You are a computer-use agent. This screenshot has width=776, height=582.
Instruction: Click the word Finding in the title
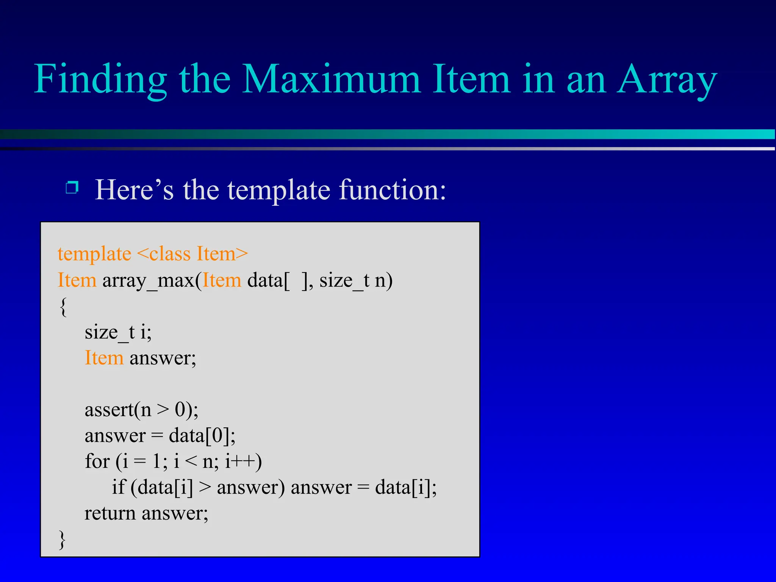[100, 80]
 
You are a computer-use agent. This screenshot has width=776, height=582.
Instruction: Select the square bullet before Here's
[72, 187]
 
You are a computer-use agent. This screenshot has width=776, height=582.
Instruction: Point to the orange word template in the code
[94, 254]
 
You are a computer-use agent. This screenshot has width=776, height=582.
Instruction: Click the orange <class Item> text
[192, 254]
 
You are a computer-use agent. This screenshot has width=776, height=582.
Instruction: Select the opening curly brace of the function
[63, 307]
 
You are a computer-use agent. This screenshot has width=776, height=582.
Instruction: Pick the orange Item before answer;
[104, 358]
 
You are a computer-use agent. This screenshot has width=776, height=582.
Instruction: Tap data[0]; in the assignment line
[202, 436]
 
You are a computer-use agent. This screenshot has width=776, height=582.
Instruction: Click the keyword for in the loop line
[97, 462]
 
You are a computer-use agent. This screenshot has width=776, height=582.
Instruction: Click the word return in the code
[110, 514]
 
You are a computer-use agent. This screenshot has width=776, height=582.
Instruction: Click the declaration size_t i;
[118, 332]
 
